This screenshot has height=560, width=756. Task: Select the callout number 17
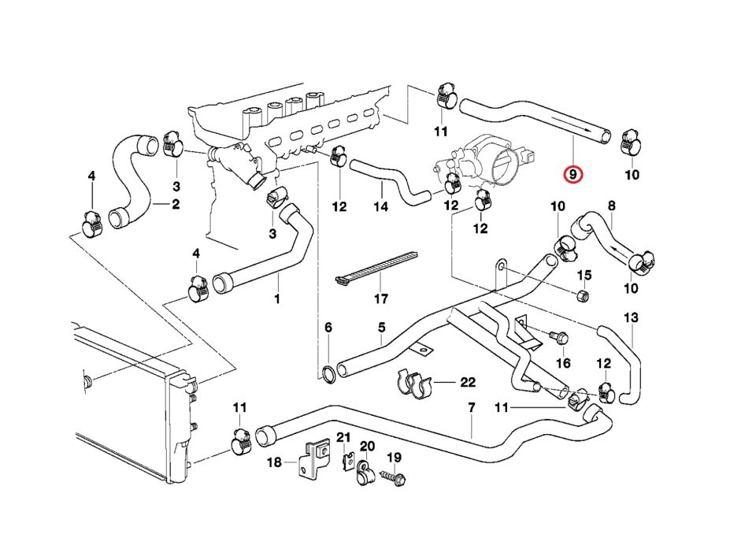381,299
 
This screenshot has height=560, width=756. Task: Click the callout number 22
468,383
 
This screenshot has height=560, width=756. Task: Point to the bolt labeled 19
391,477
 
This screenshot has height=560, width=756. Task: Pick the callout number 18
273,463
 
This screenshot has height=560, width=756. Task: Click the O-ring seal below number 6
328,373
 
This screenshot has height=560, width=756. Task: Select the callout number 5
381,327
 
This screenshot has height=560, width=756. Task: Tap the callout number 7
472,408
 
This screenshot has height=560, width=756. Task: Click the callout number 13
631,317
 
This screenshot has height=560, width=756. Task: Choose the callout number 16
563,363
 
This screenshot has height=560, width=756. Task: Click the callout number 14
381,208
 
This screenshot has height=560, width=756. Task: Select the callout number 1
276,299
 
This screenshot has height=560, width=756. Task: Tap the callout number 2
176,204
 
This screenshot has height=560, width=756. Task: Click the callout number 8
611,206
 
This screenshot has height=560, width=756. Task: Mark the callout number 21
343,438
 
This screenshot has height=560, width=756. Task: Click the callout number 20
367,446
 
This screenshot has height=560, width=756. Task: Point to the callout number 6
328,327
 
